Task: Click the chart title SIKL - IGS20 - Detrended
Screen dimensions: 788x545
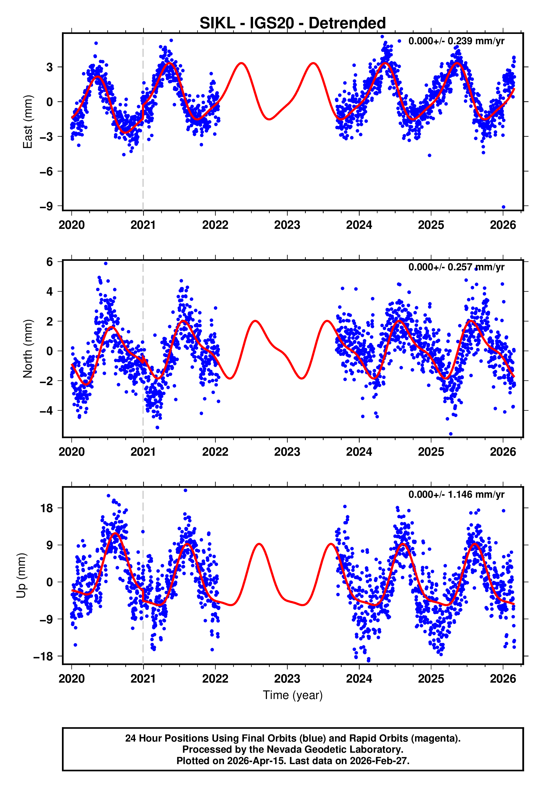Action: point(293,23)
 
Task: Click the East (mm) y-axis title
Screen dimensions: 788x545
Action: point(27,122)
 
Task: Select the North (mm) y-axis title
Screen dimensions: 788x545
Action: point(27,349)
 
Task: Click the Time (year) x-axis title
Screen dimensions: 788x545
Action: point(293,695)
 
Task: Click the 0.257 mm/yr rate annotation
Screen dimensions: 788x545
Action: point(456,267)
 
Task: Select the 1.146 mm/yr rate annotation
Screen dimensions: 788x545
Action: point(456,494)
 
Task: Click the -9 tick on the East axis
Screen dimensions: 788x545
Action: point(46,206)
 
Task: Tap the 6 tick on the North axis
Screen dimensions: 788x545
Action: point(50,262)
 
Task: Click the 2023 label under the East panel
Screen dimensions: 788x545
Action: point(287,225)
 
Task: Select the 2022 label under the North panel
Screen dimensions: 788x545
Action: point(215,452)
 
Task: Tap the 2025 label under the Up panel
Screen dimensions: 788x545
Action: point(431,678)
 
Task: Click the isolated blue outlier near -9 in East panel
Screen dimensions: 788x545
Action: point(503,207)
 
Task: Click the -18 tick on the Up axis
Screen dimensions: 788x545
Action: point(43,656)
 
